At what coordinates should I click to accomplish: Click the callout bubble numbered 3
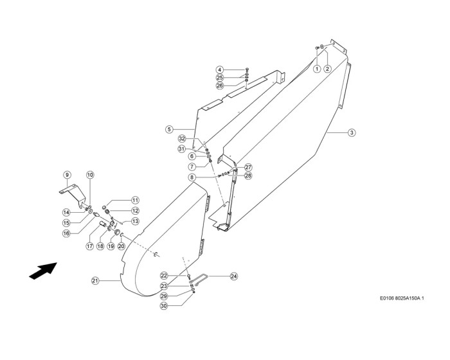pyautogui.click(x=352, y=133)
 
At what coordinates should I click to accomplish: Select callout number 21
pyautogui.click(x=95, y=280)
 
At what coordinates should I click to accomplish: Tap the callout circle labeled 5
pyautogui.click(x=169, y=129)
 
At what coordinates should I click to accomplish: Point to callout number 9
pyautogui.click(x=66, y=175)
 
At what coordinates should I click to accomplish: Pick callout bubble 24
pyautogui.click(x=234, y=277)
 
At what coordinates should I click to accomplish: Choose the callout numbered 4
pyautogui.click(x=219, y=69)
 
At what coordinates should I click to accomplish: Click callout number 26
pyautogui.click(x=219, y=85)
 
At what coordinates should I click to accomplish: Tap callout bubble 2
pyautogui.click(x=327, y=68)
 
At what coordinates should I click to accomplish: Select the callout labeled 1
pyautogui.click(x=316, y=68)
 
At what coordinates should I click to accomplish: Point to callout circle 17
pyautogui.click(x=91, y=246)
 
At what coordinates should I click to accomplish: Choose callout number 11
pyautogui.click(x=135, y=200)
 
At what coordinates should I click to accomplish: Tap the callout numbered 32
pyautogui.click(x=182, y=139)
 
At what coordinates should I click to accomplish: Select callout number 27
pyautogui.click(x=248, y=167)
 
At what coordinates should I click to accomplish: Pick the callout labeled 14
pyautogui.click(x=66, y=212)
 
